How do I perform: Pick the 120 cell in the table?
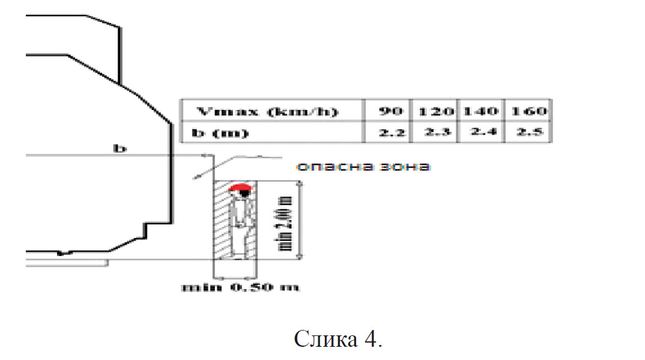point(434,111)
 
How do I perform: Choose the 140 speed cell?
point(480,111)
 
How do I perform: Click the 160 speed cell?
point(528,111)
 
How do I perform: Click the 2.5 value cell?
point(528,132)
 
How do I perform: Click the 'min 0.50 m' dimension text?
point(241,287)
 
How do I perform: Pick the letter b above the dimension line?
point(121,148)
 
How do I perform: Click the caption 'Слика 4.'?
point(338,339)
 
